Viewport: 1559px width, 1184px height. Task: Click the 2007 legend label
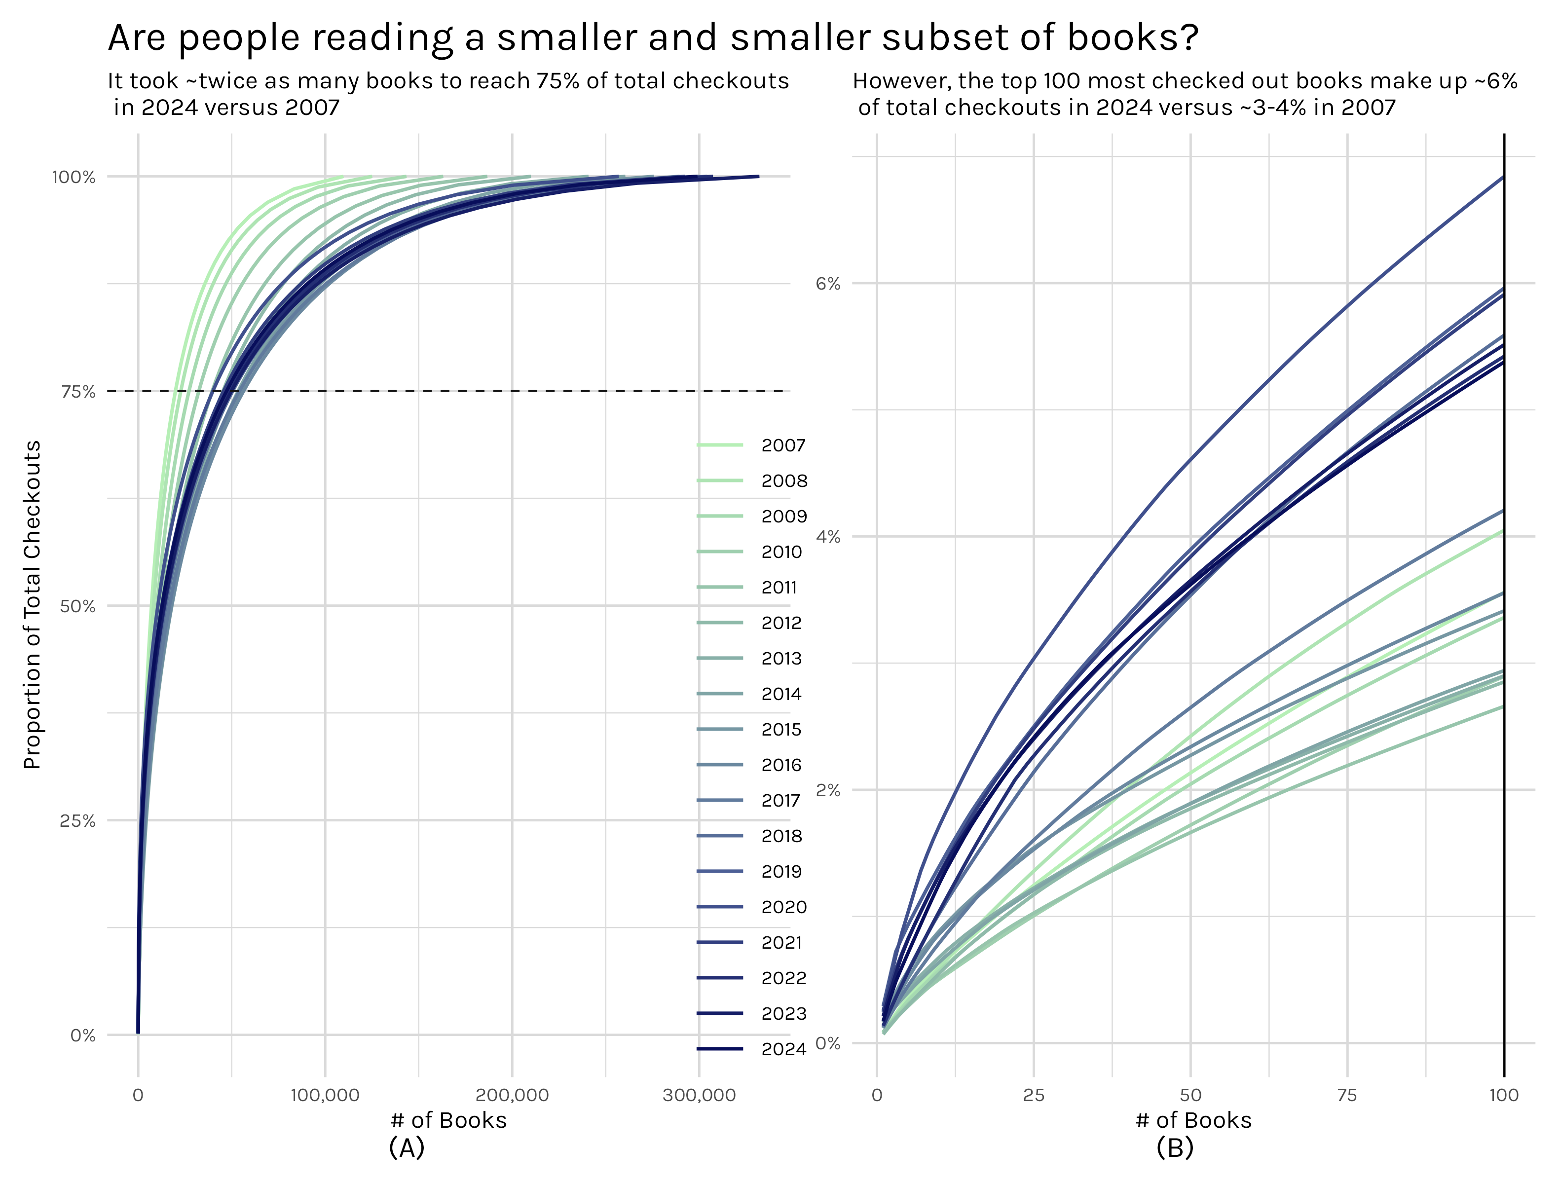tap(783, 445)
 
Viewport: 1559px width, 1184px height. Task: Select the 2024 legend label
tap(783, 1049)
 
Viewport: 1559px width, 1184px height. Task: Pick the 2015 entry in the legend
tap(781, 730)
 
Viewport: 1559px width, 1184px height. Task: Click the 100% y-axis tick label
tap(74, 177)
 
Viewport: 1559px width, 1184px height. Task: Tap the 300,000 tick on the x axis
tap(699, 1095)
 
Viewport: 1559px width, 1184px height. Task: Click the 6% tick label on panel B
tap(828, 284)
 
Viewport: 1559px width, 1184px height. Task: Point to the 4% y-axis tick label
tap(828, 537)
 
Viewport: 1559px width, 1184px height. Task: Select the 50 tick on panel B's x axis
tap(1190, 1095)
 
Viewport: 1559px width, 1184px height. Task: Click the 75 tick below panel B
tap(1347, 1095)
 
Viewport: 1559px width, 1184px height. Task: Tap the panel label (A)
tap(407, 1148)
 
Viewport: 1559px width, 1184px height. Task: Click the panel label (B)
tap(1175, 1148)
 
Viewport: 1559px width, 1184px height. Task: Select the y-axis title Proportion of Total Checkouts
tap(33, 605)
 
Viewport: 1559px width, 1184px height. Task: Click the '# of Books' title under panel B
tap(1193, 1120)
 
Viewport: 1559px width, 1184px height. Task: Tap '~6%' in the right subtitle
tap(1495, 81)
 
